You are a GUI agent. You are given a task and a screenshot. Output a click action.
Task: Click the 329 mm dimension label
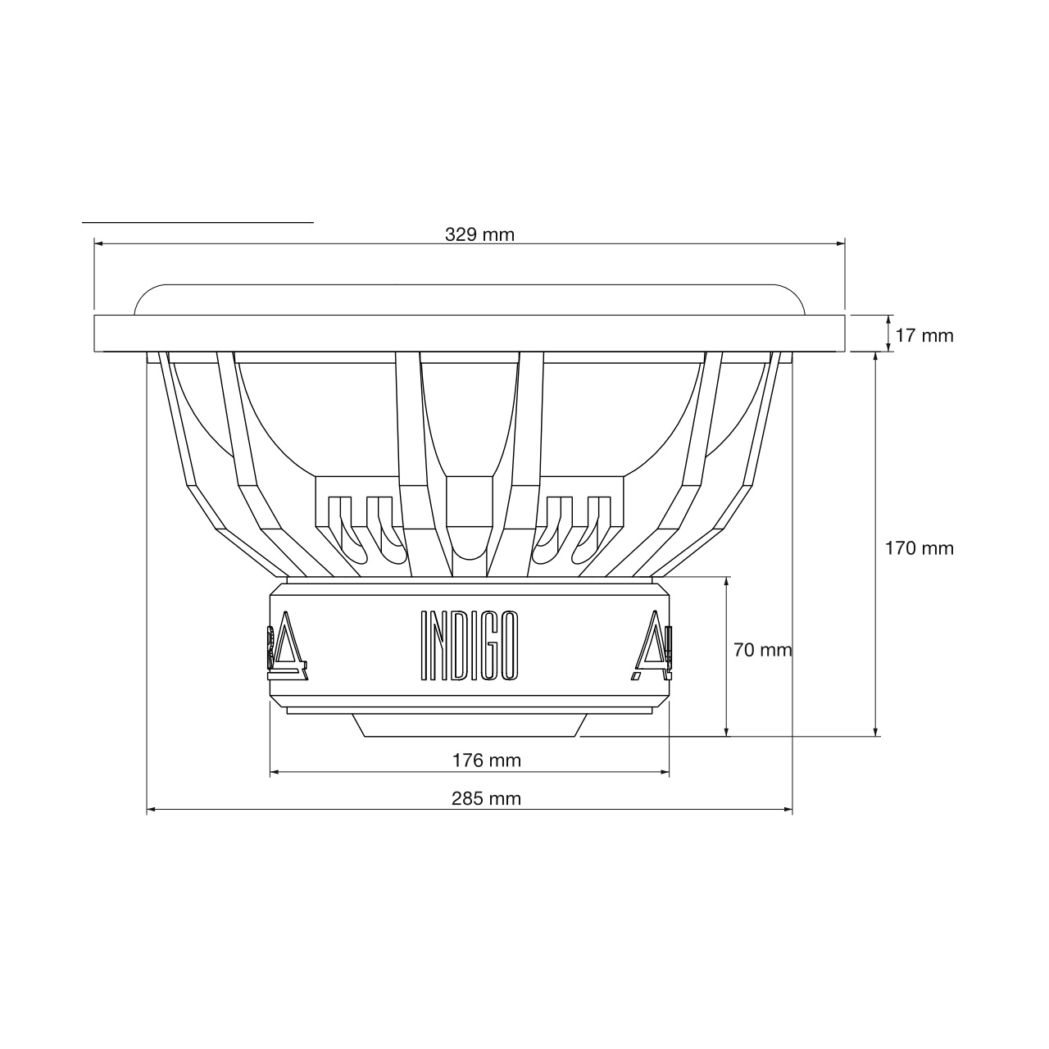[x=479, y=234]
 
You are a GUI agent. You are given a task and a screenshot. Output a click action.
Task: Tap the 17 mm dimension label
[x=924, y=336]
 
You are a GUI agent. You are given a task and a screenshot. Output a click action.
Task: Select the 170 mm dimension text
[x=920, y=548]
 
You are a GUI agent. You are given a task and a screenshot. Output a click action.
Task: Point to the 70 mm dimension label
[x=762, y=650]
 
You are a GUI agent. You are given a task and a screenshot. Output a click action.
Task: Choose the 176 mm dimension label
[x=487, y=761]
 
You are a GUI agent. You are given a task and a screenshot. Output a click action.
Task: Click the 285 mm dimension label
[x=486, y=798]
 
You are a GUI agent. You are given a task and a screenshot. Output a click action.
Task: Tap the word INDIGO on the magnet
[x=470, y=646]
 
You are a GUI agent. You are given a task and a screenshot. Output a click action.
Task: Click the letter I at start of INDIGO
[x=425, y=646]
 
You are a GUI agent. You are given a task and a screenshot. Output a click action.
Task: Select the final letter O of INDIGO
[x=509, y=646]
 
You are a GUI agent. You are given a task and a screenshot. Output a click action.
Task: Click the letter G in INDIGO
[x=489, y=646]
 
